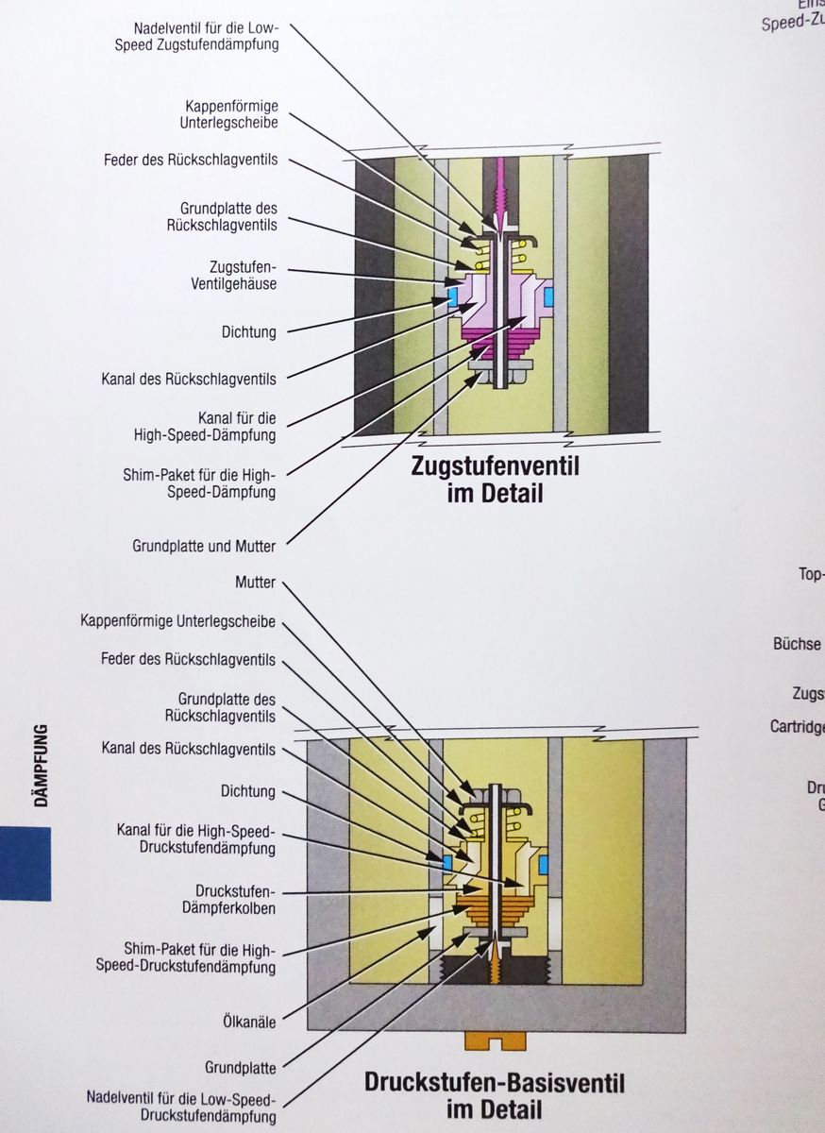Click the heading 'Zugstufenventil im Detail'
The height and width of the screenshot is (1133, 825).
point(494,479)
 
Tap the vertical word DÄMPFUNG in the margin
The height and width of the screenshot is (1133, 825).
point(41,765)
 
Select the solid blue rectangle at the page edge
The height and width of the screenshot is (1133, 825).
point(25,863)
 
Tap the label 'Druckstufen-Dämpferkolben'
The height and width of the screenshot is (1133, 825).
point(235,900)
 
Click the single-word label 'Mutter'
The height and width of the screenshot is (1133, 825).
point(255,583)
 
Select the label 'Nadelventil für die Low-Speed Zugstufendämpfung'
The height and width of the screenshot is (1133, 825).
point(206,36)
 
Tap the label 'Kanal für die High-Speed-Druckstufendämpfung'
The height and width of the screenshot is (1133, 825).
point(196,839)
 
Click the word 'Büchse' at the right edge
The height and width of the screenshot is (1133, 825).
point(798,644)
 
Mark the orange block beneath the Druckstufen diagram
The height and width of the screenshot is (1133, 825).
point(494,1040)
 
